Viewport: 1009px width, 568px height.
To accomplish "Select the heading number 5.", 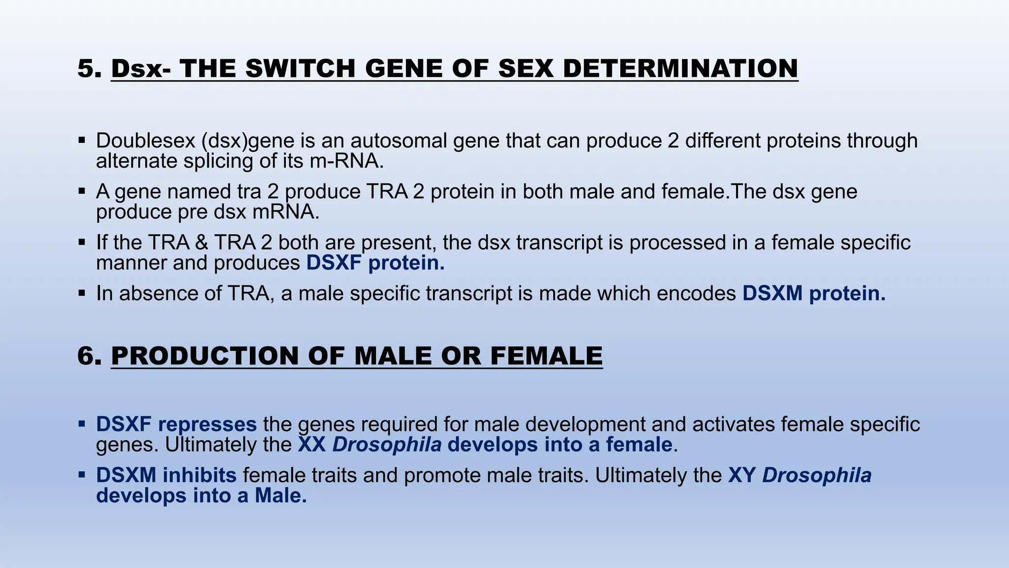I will pyautogui.click(x=89, y=68).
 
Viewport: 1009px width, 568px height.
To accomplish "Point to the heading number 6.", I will pyautogui.click(x=89, y=355).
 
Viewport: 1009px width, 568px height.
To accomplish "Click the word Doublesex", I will pyautogui.click(x=146, y=141).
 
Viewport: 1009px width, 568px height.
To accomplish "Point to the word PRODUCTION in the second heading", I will pyautogui.click(x=205, y=355).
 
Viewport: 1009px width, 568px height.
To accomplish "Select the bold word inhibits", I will pyautogui.click(x=200, y=475).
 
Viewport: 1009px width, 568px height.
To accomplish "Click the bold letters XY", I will pyautogui.click(x=742, y=475).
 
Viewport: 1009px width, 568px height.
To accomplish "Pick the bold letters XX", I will pyautogui.click(x=312, y=445).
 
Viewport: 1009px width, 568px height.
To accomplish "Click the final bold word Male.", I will pyautogui.click(x=280, y=496).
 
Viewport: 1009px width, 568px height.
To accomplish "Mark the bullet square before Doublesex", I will pyautogui.click(x=82, y=141).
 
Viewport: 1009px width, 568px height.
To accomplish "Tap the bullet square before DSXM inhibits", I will pyautogui.click(x=82, y=475).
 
